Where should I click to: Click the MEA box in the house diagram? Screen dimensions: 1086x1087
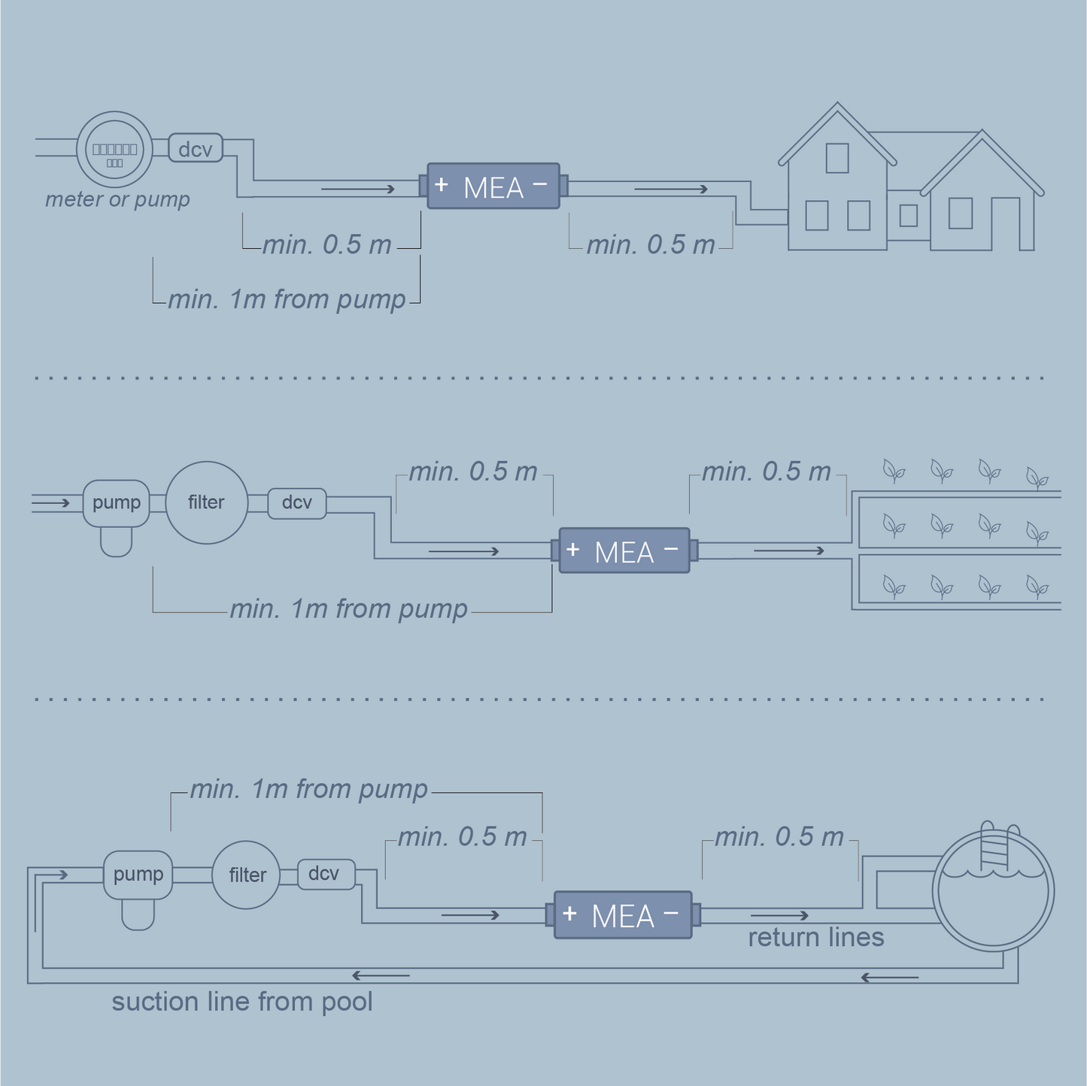coord(493,186)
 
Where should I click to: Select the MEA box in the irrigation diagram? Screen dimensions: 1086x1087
coord(624,551)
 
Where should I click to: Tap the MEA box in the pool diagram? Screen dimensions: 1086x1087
coord(623,915)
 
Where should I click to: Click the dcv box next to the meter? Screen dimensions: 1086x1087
coord(195,148)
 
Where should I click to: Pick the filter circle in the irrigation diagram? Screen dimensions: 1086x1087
coord(206,502)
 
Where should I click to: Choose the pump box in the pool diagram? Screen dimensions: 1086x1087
coord(138,875)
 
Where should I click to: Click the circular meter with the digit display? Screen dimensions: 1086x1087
coord(114,150)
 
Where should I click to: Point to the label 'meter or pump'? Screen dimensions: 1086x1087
coord(117,199)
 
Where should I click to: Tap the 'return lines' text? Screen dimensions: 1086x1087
coord(815,937)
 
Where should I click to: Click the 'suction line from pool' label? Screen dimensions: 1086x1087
coord(241,1002)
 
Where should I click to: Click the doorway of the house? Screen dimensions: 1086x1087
coord(1005,223)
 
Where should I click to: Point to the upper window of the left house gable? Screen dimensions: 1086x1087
coord(837,158)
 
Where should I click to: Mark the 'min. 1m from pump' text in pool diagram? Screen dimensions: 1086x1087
coord(308,789)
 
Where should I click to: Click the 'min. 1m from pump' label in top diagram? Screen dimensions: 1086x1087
coord(287,299)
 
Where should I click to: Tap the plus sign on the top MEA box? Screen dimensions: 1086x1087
coord(442,184)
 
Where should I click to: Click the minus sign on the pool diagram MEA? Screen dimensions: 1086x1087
coord(671,913)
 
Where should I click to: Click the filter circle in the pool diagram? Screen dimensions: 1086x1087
coord(246,875)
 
